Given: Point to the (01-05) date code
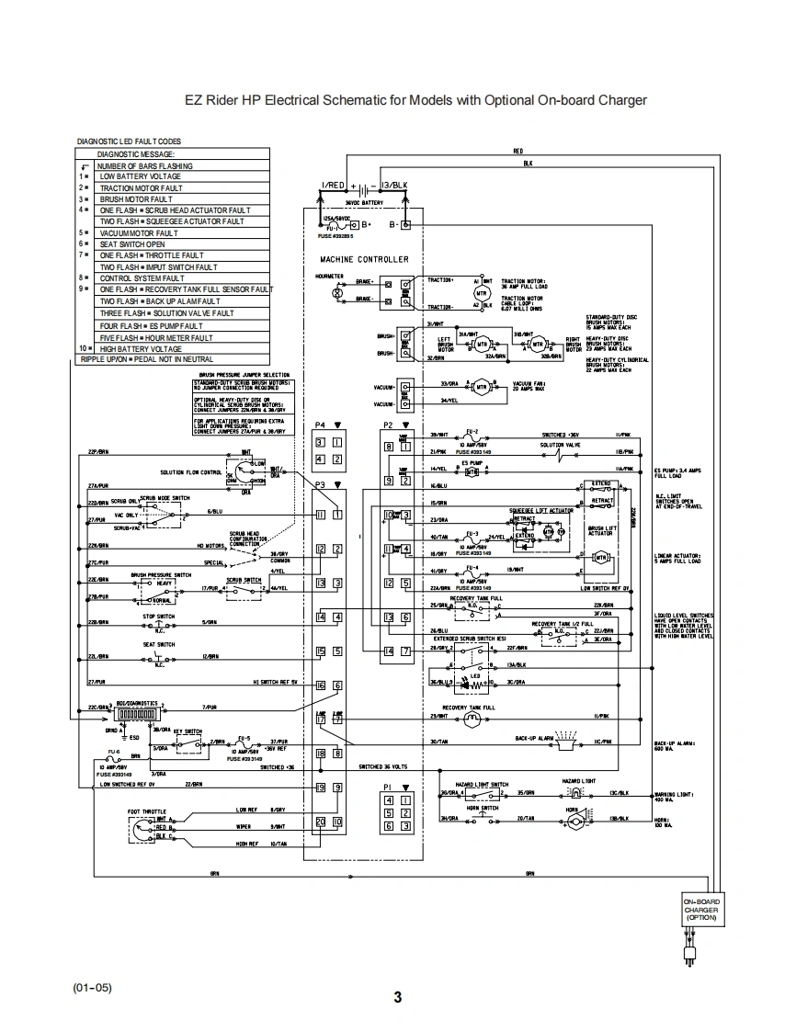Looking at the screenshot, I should (92, 988).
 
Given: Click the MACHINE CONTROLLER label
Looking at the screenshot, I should (358, 259).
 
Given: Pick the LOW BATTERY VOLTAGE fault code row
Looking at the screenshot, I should (140, 176).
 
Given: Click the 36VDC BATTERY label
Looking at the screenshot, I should (364, 201).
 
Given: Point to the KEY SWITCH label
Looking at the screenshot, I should (188, 730).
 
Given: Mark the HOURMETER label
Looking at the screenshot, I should (328, 275).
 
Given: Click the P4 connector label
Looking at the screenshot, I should (320, 425).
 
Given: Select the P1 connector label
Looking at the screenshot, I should (387, 787).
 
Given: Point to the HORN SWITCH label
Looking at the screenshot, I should (482, 808).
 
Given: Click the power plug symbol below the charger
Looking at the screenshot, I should (689, 956).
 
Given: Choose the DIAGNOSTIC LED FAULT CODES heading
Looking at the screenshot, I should (130, 142).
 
